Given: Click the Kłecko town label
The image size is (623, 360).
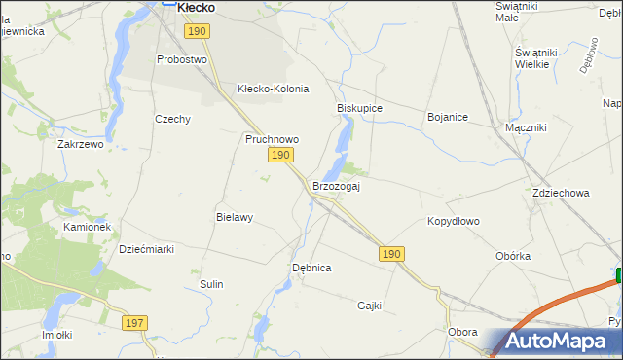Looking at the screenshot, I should point(195,7).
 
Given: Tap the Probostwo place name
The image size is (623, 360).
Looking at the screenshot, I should point(183,59).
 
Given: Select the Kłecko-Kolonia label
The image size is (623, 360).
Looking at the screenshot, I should point(273,89).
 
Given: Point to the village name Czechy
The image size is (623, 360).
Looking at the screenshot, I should point(172,119).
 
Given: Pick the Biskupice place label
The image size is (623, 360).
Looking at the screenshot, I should point(359,108).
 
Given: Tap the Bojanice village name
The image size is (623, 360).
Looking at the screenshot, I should point(448,117).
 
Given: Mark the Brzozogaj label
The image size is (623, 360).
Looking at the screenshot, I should point(337,186).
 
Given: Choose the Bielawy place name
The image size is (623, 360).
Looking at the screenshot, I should point(235,218).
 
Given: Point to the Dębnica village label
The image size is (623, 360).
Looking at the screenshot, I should point(311,267).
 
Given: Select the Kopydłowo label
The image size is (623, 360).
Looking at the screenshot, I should point(454,221).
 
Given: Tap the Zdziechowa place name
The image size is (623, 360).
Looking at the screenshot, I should point(561,193).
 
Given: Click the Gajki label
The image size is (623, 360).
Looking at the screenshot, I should point(369,306).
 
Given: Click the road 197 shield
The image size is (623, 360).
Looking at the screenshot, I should point(134,322).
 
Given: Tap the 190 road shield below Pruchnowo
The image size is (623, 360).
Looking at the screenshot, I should point(280,156).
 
